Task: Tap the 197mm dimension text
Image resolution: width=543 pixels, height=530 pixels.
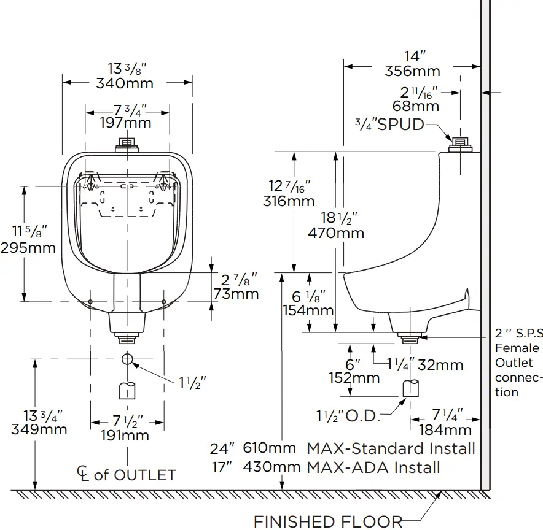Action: pyautogui.click(x=126, y=122)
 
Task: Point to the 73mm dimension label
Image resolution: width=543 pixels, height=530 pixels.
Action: pyautogui.click(x=236, y=294)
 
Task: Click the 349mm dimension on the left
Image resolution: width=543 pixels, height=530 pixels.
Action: pyautogui.click(x=39, y=429)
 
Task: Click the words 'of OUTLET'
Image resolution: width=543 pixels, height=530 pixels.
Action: pyautogui.click(x=135, y=475)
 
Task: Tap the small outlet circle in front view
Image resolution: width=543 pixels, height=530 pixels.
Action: pyautogui.click(x=127, y=358)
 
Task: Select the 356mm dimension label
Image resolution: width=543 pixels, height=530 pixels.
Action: pyautogui.click(x=412, y=71)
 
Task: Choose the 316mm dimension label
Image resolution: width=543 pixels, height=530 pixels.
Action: pyautogui.click(x=289, y=201)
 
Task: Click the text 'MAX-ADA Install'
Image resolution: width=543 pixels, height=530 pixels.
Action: pyautogui.click(x=373, y=467)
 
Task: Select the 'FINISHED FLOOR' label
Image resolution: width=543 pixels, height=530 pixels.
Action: pyautogui.click(x=328, y=521)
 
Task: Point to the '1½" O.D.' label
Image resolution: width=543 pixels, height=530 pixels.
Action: pyautogui.click(x=348, y=416)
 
